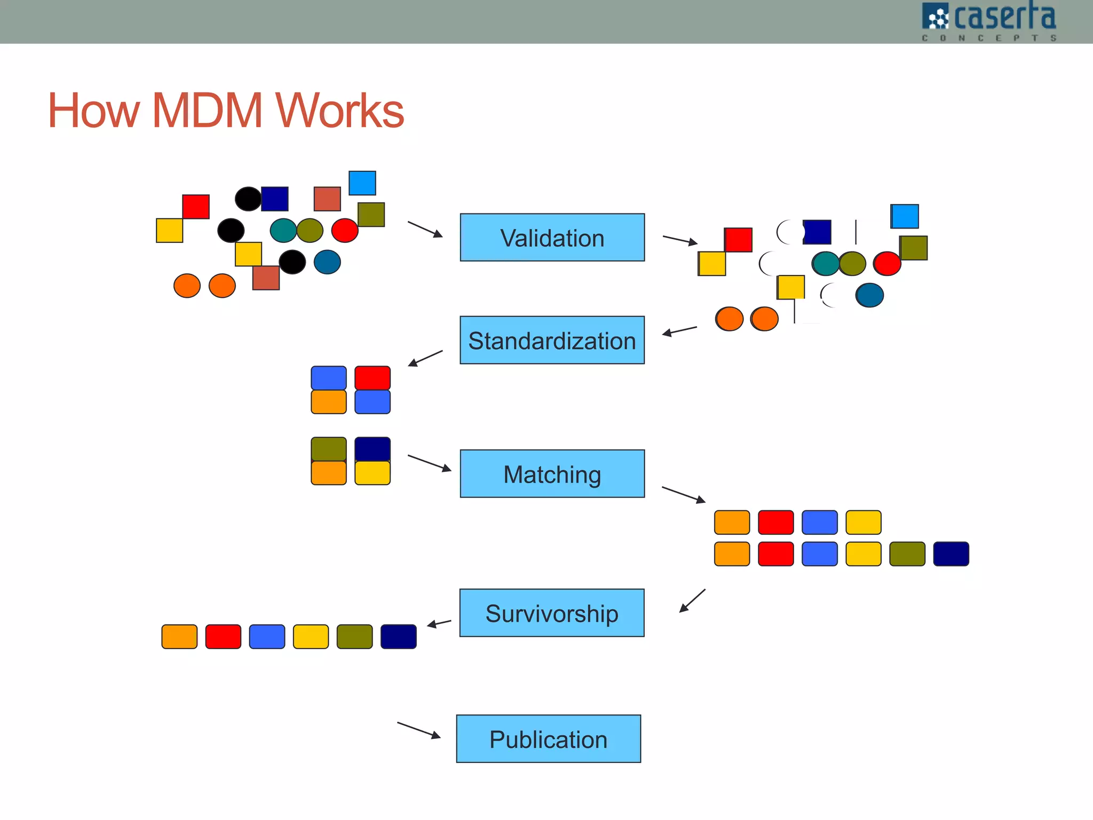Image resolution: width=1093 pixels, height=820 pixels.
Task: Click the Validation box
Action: coord(552,238)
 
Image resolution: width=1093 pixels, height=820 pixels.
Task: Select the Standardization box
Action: coord(552,340)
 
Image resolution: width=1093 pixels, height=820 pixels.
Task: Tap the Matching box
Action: coord(552,474)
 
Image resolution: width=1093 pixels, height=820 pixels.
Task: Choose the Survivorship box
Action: coord(552,613)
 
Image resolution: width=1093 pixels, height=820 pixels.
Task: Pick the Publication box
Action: coord(549,739)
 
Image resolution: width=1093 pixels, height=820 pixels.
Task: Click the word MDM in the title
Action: coord(208,111)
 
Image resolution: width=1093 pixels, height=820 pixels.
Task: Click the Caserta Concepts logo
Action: coord(988,21)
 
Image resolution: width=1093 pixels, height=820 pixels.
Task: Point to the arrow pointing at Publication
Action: coord(419,730)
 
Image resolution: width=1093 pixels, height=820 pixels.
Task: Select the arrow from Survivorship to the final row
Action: coord(439,623)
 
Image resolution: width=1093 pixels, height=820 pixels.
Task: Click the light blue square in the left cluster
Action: coord(362,183)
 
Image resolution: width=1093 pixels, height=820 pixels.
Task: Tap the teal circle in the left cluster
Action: coord(283,231)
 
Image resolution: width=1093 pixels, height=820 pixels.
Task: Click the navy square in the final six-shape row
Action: coord(399,636)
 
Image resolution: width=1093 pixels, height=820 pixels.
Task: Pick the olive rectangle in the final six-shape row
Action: coord(355,636)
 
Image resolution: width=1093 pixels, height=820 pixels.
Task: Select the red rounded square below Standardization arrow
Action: coord(373,378)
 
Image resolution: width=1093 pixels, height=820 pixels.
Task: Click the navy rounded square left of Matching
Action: coord(373,449)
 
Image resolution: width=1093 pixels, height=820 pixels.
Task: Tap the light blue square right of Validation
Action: coord(905,216)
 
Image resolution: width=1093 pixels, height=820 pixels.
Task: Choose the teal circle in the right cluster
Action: coord(826,264)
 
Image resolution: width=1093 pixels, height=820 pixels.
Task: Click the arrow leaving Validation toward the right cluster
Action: coord(680,240)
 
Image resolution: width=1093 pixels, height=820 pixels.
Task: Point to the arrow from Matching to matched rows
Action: coord(684,494)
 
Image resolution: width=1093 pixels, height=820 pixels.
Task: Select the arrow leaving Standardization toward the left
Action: coord(425,358)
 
